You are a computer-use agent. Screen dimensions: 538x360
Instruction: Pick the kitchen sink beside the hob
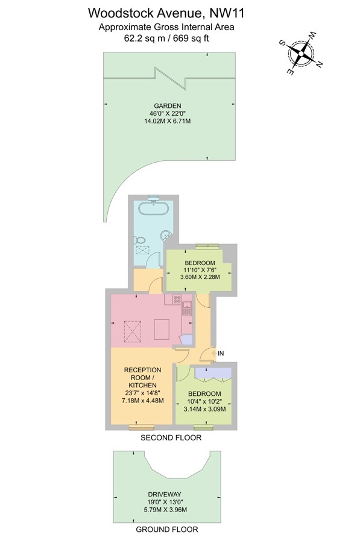pyautogui.click(x=187, y=310)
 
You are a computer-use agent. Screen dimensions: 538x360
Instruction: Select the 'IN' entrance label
pyautogui.click(x=221, y=353)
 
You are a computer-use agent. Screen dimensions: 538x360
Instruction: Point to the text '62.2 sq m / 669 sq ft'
pyautogui.click(x=167, y=38)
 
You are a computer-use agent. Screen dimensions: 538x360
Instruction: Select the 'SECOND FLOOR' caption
pyautogui.click(x=171, y=438)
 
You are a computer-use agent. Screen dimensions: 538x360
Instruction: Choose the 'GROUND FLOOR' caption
pyautogui.click(x=166, y=530)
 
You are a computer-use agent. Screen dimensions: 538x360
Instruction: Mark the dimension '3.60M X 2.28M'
pyautogui.click(x=201, y=277)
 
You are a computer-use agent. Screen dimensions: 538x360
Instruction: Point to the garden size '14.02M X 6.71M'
pyautogui.click(x=166, y=121)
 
